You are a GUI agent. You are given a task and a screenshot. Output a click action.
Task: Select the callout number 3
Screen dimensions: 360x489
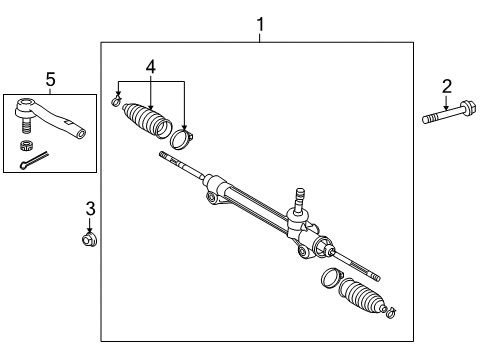pyautogui.click(x=90, y=208)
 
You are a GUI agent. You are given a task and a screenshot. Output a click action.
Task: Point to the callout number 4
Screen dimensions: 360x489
pyautogui.click(x=151, y=67)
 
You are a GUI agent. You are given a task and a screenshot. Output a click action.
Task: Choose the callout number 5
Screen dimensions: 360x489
pyautogui.click(x=51, y=79)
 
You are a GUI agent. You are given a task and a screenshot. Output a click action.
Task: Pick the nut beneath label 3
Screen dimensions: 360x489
pyautogui.click(x=90, y=238)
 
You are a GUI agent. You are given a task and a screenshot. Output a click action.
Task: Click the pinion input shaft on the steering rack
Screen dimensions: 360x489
pyautogui.click(x=297, y=195)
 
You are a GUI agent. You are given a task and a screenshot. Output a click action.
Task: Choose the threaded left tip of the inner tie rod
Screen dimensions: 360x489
pyautogui.click(x=166, y=156)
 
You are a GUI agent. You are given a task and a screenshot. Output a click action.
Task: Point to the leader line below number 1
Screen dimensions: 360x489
pyautogui.click(x=260, y=35)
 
